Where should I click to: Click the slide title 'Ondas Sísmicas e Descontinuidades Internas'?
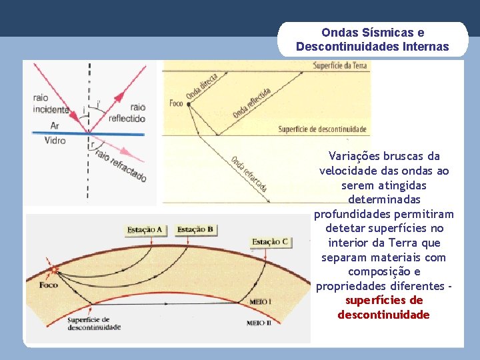coord(373,39)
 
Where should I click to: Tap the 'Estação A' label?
coord(145,230)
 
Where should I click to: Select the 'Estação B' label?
coord(195,230)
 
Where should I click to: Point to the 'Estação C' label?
coord(270,241)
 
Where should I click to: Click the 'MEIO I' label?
coord(260,302)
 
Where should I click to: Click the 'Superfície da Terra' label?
coord(339,65)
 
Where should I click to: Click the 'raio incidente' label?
coord(50,104)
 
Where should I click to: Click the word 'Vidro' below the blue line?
coord(55,141)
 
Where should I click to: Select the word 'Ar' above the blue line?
coord(55,125)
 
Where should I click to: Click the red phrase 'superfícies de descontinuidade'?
coord(383,307)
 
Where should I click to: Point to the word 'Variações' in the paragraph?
coord(355,156)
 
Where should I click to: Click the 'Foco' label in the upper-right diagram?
coord(176,103)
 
